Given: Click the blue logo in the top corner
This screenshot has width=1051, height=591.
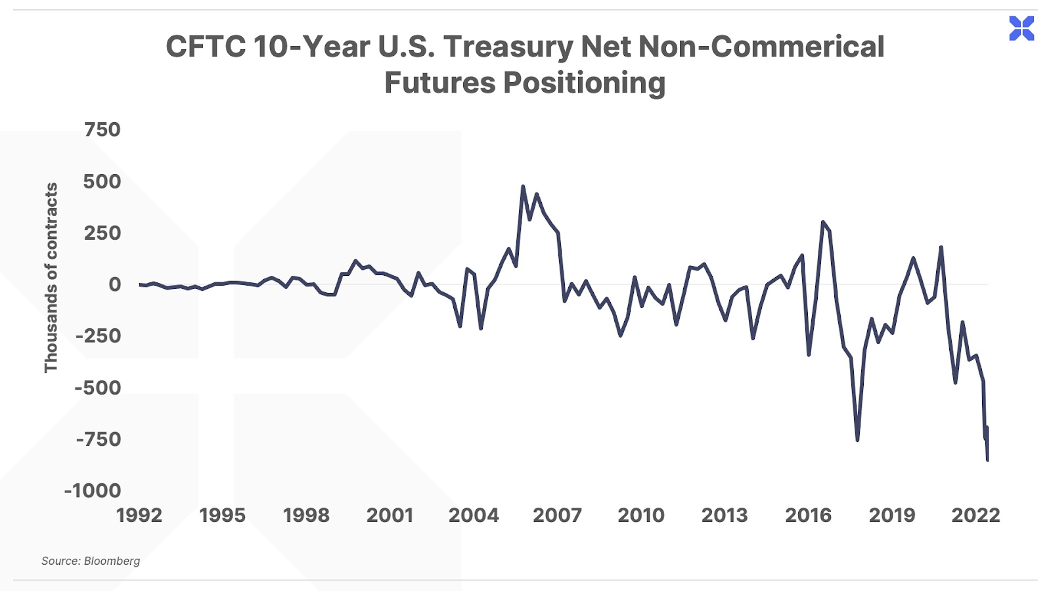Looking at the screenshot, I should (1021, 28).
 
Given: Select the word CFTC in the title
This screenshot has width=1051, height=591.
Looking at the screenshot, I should (205, 47).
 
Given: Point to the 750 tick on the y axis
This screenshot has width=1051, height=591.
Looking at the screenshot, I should (102, 129).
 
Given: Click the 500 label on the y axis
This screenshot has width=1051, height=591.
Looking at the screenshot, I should (102, 181).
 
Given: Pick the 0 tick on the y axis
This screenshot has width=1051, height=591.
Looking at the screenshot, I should (115, 284).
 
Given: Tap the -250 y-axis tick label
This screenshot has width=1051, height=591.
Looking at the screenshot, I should (98, 336).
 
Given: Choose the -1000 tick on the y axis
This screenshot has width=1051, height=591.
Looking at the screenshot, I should (93, 491).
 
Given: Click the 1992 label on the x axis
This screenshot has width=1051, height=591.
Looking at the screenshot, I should (139, 515).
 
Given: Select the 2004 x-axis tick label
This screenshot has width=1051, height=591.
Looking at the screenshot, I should (474, 515).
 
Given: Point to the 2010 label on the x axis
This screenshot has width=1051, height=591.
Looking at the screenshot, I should (641, 515).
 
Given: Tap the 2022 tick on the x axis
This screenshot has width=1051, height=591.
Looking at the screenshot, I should (975, 515).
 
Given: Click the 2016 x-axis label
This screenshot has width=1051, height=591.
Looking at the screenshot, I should (809, 515).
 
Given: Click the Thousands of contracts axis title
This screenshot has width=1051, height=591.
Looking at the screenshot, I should (51, 278).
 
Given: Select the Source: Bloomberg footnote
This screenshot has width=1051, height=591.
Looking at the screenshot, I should (91, 561).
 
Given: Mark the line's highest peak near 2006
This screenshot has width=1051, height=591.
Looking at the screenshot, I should (523, 186).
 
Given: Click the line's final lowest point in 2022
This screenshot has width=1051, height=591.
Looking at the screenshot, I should (987, 460).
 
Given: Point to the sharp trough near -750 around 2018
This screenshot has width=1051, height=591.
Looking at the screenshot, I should (857, 440).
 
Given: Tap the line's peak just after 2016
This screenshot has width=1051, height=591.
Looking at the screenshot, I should (822, 222).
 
